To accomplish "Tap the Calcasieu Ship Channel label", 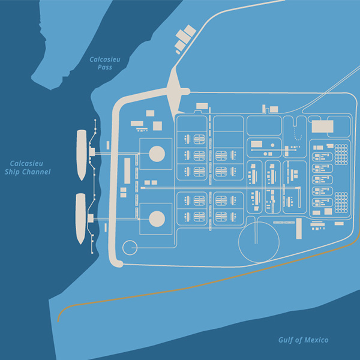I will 28,167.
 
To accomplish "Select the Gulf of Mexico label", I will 303,340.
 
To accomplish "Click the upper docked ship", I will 82,155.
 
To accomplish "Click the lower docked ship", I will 81,218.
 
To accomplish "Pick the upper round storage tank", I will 157,152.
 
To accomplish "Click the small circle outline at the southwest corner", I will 130,247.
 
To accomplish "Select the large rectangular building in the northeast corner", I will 322,126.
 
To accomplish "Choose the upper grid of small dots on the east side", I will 341,151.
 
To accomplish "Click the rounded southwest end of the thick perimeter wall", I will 117,262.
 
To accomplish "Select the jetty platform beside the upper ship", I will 92,153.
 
